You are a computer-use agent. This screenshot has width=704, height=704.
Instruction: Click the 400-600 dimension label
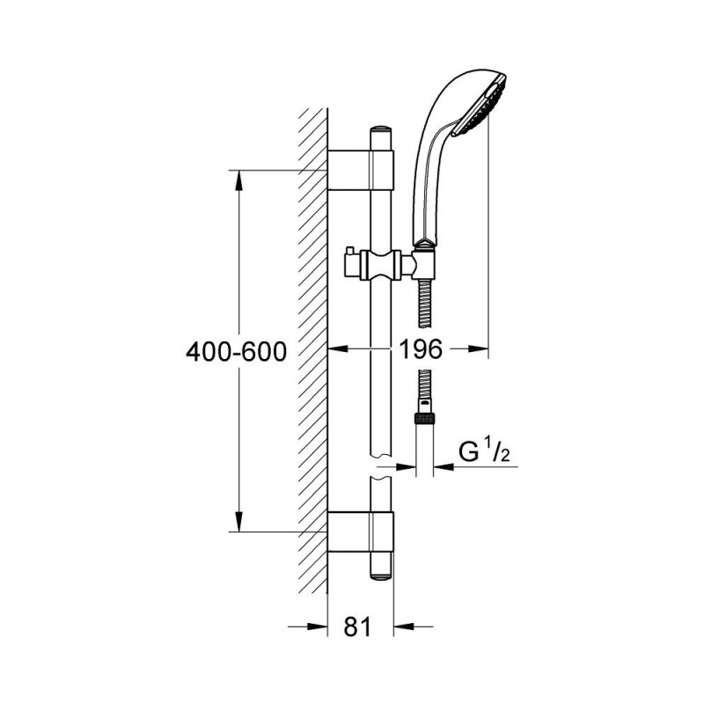point(236,351)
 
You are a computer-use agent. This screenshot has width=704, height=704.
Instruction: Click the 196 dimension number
point(421,348)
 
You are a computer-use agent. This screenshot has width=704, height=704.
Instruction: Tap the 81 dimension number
point(358,627)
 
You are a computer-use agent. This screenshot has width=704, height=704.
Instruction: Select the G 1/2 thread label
point(485,451)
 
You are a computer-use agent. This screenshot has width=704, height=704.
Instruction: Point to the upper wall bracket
point(361,170)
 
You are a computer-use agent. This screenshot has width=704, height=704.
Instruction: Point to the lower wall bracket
point(361,532)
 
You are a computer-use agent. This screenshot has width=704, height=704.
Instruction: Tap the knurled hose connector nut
point(425,420)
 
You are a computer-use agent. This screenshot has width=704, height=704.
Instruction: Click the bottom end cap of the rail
point(381,577)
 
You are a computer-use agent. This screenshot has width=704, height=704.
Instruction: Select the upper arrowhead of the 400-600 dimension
point(239,181)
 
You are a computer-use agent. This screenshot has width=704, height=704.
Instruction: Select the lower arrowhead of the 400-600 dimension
point(239,521)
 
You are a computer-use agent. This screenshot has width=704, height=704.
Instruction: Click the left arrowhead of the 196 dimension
point(339,348)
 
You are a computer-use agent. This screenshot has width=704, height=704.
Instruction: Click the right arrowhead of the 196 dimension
point(477,348)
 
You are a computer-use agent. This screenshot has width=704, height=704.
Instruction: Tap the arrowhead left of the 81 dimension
point(317,626)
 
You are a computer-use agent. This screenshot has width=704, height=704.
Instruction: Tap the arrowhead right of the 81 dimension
point(404,626)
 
